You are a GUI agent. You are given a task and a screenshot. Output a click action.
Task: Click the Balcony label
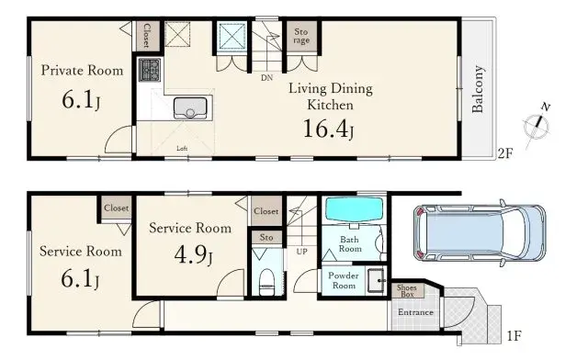[x=479, y=90]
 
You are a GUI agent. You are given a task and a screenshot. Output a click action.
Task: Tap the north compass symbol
[x=536, y=126]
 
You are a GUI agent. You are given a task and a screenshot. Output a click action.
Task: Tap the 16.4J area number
[x=328, y=129]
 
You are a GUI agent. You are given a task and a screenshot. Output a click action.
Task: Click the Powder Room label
[x=337, y=280]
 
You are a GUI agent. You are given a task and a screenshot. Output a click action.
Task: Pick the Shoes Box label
[x=405, y=290]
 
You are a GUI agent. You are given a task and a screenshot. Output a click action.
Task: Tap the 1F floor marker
[x=514, y=337]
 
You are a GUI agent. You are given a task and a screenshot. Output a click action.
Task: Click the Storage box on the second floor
[x=302, y=37]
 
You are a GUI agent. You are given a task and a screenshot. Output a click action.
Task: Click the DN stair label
[x=266, y=78]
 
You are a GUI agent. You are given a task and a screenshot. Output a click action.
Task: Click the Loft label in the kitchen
[x=182, y=148]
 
